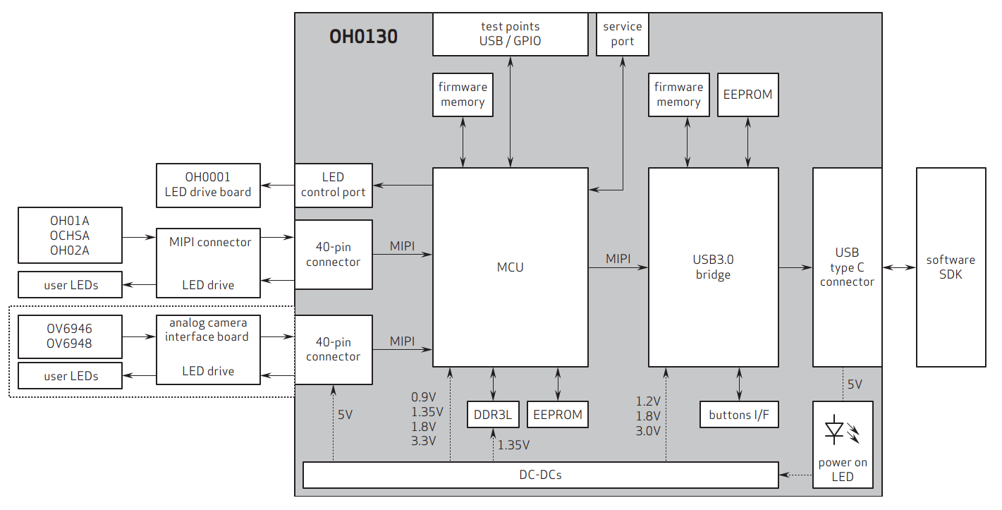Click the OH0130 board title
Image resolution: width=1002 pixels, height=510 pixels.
click(x=363, y=36)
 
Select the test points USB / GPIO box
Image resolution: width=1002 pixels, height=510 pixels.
click(x=510, y=34)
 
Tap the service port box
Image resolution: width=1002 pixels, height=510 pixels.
click(x=622, y=34)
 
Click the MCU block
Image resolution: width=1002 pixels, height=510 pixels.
click(x=510, y=267)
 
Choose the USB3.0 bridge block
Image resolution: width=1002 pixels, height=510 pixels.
click(x=713, y=267)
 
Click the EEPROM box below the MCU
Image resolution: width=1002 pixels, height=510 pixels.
click(x=558, y=415)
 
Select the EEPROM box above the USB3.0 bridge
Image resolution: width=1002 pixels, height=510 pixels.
click(x=747, y=95)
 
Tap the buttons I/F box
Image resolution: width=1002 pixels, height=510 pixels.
click(x=739, y=415)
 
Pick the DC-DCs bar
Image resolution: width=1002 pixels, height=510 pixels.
click(x=540, y=475)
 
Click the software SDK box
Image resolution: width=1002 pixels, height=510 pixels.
click(x=951, y=267)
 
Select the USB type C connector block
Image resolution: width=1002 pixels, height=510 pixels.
click(x=847, y=267)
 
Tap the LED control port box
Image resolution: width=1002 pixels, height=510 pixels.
click(x=333, y=185)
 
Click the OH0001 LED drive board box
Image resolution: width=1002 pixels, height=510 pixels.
click(x=208, y=185)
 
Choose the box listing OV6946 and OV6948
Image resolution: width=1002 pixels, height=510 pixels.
click(x=70, y=336)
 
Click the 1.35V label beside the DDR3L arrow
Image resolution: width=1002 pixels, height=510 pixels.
click(x=513, y=445)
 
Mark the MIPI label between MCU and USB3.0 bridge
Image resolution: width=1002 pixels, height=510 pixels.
click(x=618, y=259)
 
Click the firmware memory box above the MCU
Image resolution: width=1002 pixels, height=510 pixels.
click(x=463, y=95)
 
